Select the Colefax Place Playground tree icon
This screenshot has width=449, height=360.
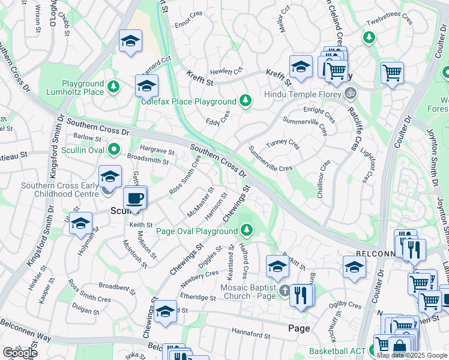(245, 101)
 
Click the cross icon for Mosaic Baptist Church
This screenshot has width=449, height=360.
(285, 292)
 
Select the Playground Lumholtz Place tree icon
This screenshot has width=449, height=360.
(113, 88)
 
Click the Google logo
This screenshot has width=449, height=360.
(20, 353)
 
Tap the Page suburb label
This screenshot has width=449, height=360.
(298, 329)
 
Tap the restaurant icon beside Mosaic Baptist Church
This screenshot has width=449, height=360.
(301, 295)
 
